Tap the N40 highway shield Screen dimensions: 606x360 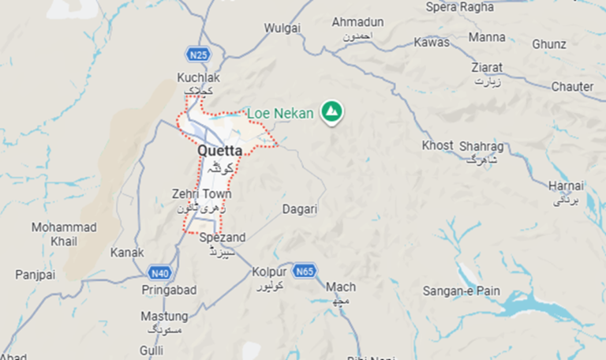pos(159,273)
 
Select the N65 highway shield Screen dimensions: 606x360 pos(305,272)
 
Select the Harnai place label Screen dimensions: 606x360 pos(566,186)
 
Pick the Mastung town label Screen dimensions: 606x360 pos(163,317)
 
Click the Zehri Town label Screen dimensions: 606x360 pos(201,194)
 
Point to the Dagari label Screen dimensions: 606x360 pos(300,209)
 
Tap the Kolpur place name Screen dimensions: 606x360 pos(269,272)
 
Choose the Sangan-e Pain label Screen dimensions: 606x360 pos(462,291)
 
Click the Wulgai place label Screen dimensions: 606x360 pos(282,28)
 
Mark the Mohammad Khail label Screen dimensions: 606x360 pos(64,234)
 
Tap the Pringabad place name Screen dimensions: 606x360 pos(169,290)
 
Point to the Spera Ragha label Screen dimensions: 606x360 pos(459,7)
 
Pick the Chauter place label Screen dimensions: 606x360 pos(572,86)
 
